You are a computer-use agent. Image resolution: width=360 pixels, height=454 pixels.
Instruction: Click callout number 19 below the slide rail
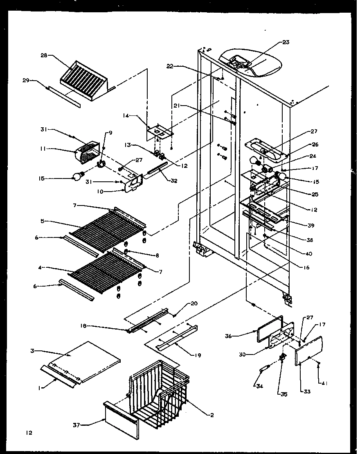[198, 355]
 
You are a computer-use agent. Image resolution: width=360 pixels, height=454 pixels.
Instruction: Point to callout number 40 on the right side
[309, 253]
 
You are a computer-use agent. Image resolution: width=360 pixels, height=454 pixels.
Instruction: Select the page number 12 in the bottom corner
[28, 432]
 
